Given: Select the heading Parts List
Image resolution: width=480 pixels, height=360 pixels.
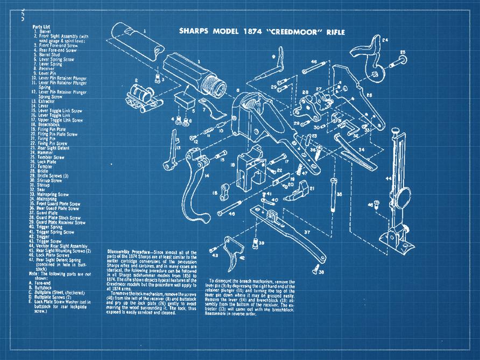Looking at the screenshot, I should (x=41, y=26).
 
